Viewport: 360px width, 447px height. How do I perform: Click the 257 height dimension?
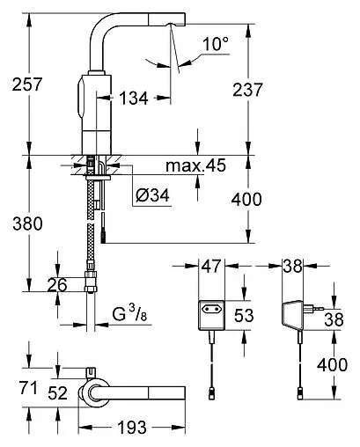[x=27, y=84]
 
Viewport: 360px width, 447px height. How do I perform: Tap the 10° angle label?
[x=216, y=44]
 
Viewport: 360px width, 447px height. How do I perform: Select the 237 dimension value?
[x=247, y=90]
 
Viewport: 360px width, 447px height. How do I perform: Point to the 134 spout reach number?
[x=133, y=98]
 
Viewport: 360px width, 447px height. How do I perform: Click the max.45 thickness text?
[x=196, y=165]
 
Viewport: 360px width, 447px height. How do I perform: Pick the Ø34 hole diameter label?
[x=152, y=195]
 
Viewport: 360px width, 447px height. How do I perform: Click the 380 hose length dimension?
[x=27, y=223]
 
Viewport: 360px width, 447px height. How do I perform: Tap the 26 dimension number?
[x=57, y=285]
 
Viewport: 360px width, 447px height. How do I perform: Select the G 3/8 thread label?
[x=129, y=314]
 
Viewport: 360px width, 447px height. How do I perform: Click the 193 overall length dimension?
[x=132, y=428]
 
